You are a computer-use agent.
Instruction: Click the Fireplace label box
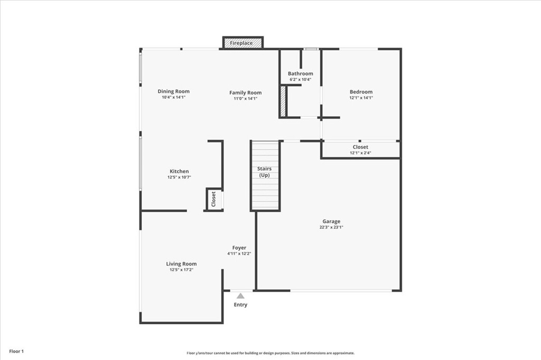coord(243,43)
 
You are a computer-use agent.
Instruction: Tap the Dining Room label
coord(173,91)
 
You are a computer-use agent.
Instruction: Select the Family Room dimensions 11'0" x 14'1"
coord(245,99)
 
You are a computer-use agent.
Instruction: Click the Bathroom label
coord(301,73)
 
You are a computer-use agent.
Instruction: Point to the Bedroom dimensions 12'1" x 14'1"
coord(361,98)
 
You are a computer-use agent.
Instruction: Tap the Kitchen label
coord(179,171)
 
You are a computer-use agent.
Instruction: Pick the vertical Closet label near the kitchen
coord(213,199)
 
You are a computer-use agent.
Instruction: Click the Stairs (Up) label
coord(264,172)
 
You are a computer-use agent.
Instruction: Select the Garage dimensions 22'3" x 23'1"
coord(331,227)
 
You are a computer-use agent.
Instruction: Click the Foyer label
coord(239,248)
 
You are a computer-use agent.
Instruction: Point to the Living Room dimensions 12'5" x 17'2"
coord(181,270)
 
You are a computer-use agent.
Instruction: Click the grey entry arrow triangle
coord(240,296)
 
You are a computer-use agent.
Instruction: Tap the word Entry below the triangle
coord(240,305)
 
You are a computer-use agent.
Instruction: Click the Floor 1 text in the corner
coord(16,352)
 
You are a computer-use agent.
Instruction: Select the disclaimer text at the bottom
coord(270,353)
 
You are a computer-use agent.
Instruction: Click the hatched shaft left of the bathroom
coord(283,101)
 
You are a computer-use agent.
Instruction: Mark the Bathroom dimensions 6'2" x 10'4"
coord(301,79)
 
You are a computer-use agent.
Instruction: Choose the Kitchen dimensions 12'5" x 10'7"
coord(179,177)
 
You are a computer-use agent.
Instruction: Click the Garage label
coord(331,221)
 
